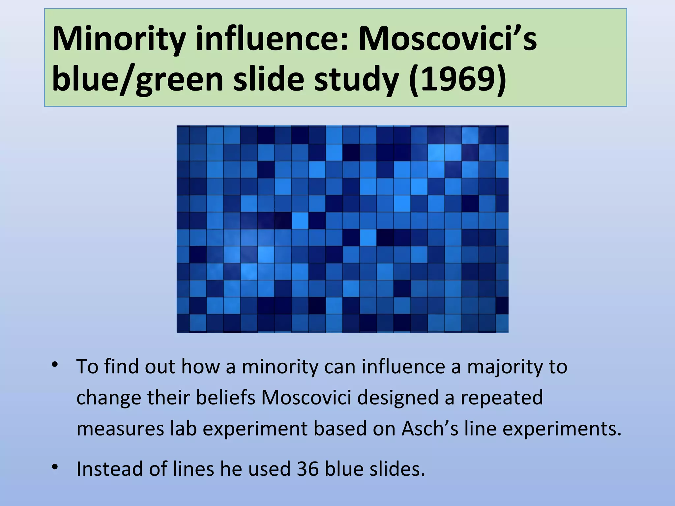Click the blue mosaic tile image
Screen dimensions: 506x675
pos(342,229)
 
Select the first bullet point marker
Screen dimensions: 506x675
pos(55,365)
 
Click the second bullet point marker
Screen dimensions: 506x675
pos(55,467)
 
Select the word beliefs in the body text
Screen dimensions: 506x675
pos(226,397)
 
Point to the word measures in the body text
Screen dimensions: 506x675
pos(120,430)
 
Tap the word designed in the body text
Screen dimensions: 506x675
pos(398,398)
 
